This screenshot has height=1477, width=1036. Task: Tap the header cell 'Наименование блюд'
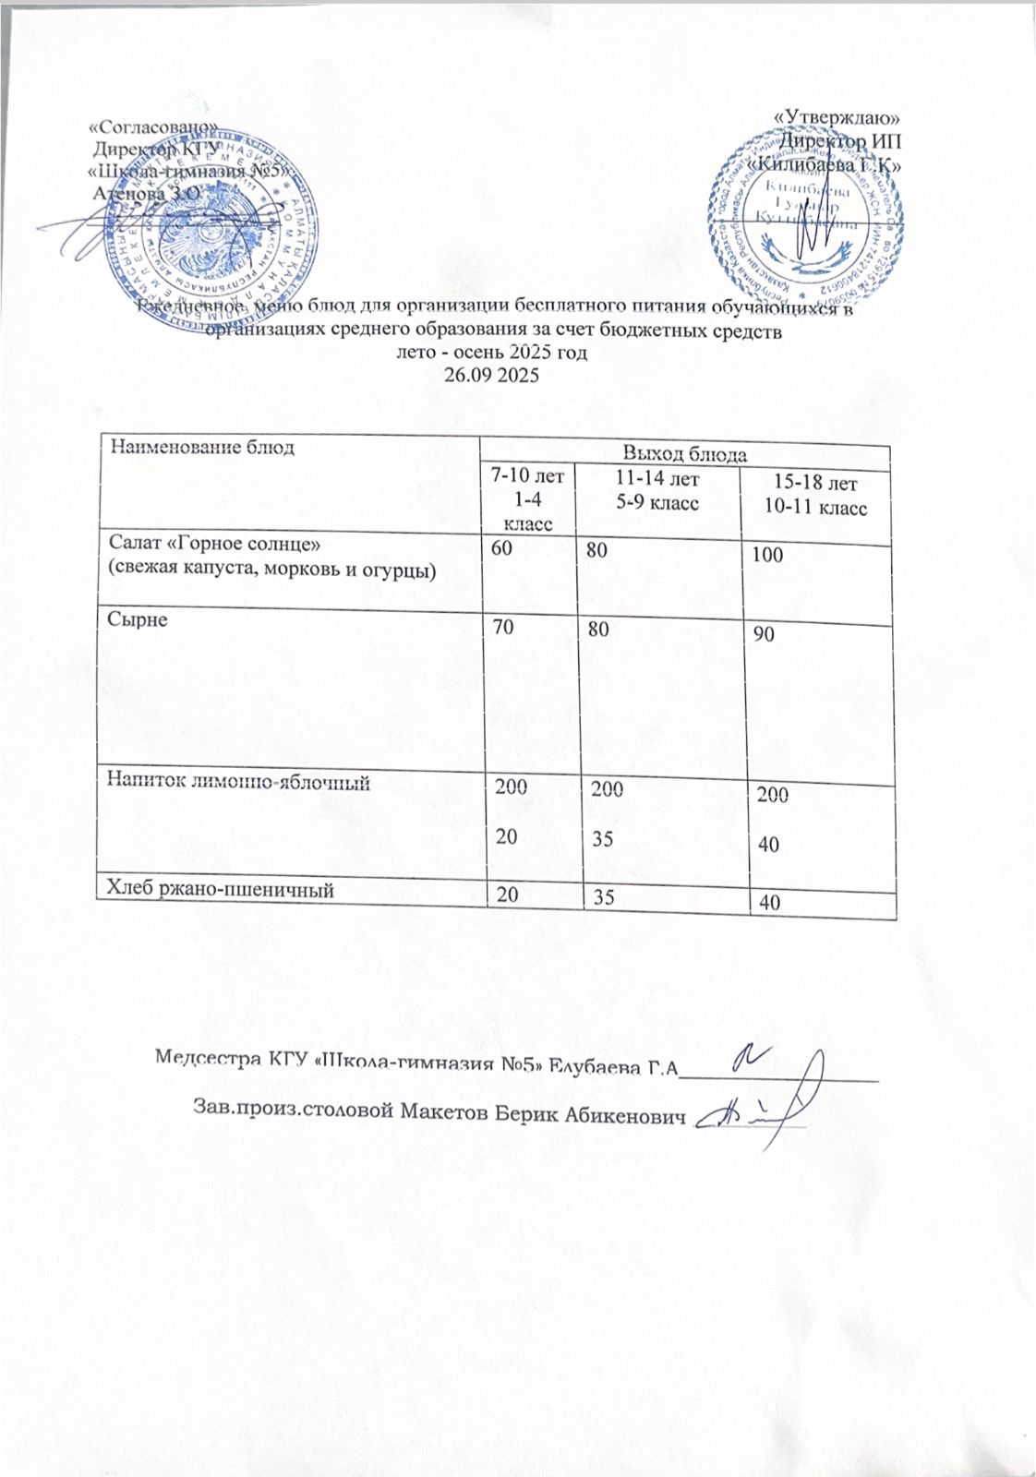(x=203, y=449)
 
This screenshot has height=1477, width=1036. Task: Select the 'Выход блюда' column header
(x=684, y=453)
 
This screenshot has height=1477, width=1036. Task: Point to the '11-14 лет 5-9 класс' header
(x=657, y=491)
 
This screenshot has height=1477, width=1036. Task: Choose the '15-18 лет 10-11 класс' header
(x=817, y=496)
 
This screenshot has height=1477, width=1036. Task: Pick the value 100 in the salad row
(x=767, y=555)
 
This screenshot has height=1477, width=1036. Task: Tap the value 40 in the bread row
(x=767, y=903)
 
